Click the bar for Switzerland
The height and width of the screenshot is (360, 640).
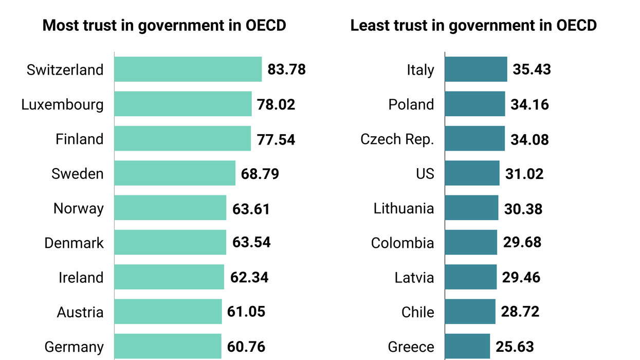188,69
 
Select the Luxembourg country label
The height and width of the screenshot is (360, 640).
62,104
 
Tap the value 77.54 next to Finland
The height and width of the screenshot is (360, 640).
276,139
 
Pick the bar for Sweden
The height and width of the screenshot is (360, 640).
175,173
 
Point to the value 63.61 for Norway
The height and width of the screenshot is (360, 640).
251,208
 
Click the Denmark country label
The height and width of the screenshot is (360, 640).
74,243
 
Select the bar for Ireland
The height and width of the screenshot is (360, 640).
169,277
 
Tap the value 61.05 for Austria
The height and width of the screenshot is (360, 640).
246,312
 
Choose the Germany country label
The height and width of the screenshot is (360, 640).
74,347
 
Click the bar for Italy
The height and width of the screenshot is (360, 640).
476,69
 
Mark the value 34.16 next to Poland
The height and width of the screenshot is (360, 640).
529,104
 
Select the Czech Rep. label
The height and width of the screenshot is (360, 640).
397,139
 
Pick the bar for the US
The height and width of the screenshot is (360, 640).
472,173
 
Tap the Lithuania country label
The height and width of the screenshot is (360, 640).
404,208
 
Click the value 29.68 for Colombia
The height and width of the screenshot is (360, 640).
522,243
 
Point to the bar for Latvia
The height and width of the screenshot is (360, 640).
471,277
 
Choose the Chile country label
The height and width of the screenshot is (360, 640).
417,312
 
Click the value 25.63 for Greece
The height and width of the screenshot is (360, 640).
515,347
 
